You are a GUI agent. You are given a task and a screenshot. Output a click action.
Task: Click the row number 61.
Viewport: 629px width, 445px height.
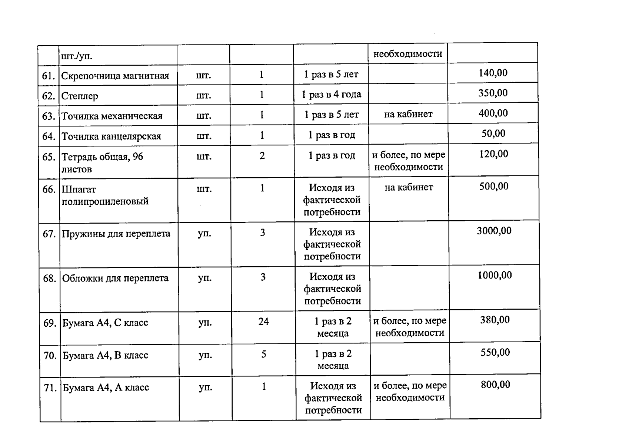49,76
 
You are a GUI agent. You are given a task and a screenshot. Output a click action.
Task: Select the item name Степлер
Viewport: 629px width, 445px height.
80,96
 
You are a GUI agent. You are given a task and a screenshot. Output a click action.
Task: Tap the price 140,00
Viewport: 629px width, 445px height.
493,73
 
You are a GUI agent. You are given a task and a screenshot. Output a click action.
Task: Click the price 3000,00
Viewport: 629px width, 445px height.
494,231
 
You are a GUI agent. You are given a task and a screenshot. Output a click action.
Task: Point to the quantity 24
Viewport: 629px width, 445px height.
263,322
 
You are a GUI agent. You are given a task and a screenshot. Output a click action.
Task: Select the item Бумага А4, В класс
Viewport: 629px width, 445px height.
105,355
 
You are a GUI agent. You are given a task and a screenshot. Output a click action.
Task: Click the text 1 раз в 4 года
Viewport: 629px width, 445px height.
331,95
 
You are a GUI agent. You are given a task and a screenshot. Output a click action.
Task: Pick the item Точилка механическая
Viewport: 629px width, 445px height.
112,116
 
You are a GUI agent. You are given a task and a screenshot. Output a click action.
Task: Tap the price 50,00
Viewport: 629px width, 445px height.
493,133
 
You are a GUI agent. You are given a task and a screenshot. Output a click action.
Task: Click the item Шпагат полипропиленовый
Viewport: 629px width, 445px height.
105,195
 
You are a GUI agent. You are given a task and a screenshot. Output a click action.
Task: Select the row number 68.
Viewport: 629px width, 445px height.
49,278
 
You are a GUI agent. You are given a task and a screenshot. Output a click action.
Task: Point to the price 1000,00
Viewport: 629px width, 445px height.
495,275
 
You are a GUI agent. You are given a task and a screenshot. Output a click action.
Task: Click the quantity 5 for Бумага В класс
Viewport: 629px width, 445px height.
263,354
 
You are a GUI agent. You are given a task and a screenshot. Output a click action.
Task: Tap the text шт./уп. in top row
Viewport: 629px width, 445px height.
77,56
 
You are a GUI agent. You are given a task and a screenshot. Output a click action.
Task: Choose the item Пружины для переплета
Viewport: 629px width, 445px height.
116,234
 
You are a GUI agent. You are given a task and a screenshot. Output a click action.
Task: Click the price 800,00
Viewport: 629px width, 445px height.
495,385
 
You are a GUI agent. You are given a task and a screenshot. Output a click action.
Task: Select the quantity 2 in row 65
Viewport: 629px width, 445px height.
262,156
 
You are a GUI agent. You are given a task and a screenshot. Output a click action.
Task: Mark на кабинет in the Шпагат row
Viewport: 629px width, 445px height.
409,187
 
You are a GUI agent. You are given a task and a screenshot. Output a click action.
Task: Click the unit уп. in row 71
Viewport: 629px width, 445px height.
205,388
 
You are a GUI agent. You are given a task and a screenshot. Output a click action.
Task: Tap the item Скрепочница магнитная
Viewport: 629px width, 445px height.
115,76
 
